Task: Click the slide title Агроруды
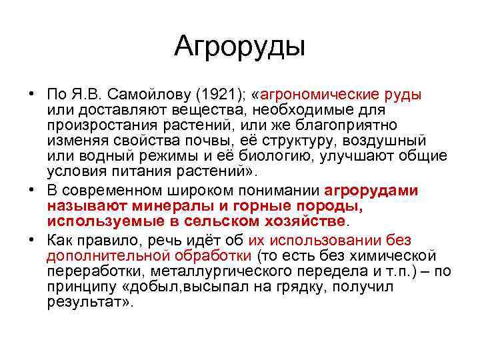239,46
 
